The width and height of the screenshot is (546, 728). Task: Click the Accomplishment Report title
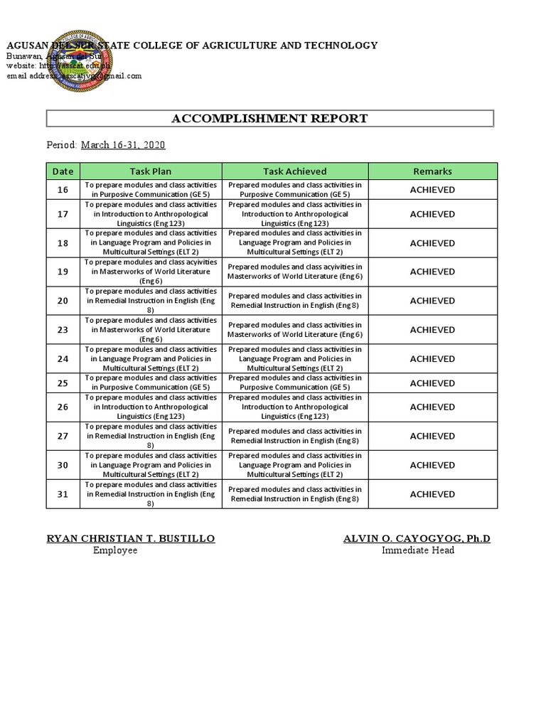[x=270, y=118]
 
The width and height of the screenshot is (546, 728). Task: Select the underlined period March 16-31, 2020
[x=123, y=145]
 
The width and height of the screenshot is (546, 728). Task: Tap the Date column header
[x=63, y=171]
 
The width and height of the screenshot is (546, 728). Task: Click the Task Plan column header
[x=151, y=171]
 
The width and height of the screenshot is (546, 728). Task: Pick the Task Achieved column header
[x=295, y=171]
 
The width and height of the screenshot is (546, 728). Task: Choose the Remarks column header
[x=432, y=171]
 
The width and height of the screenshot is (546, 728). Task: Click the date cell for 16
[x=63, y=190]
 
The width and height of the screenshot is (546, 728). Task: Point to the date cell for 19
[x=63, y=272]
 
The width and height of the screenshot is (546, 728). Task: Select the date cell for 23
[x=63, y=330]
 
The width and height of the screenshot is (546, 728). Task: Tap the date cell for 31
[x=63, y=494]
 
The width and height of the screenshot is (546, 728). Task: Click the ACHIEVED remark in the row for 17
[x=432, y=214]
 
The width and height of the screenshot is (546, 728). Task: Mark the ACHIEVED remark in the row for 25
[x=432, y=383]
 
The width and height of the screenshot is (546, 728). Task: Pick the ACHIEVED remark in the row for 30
[x=432, y=465]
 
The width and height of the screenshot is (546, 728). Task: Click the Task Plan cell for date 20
[x=151, y=301]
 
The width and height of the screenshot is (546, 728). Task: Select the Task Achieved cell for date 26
[x=295, y=407]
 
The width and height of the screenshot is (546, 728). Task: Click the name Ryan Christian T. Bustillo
[x=131, y=539]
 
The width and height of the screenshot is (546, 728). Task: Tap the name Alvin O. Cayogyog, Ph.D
[x=417, y=539]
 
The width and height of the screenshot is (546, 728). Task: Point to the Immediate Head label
[x=417, y=551]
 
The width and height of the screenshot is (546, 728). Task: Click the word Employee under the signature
[x=115, y=551]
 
